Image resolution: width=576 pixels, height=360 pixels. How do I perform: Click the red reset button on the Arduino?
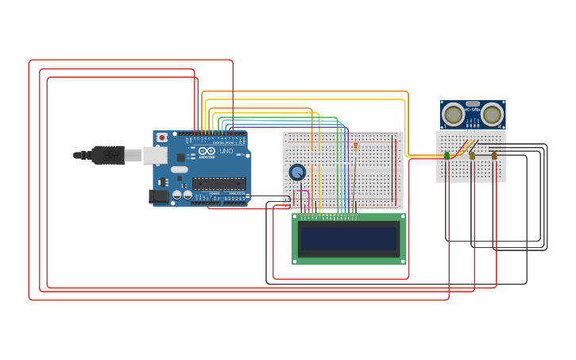click(x=162, y=137)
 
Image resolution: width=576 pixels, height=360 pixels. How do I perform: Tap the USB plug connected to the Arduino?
click(x=108, y=155)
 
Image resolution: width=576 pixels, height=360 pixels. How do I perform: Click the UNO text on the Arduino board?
click(x=226, y=151)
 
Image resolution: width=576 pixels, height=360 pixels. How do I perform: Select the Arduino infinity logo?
click(x=207, y=151)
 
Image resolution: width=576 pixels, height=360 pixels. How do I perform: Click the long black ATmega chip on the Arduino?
click(x=218, y=184)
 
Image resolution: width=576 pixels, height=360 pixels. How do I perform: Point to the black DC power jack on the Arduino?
click(x=159, y=195)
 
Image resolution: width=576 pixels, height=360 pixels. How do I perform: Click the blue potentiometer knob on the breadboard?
click(x=297, y=172)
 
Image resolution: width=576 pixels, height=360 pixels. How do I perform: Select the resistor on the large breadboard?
click(x=355, y=146)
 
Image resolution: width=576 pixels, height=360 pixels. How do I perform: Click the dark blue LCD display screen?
click(x=349, y=238)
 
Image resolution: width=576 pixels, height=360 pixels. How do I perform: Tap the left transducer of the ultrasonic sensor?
click(x=454, y=115)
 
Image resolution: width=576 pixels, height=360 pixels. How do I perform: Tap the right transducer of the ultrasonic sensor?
click(x=492, y=115)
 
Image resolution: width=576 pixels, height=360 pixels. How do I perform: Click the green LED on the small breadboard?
click(x=446, y=155)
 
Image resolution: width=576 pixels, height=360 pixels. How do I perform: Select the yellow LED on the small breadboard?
click(x=472, y=156)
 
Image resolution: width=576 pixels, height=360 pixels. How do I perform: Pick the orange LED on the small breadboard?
click(x=494, y=156)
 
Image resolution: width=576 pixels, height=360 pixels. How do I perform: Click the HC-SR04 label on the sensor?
click(x=473, y=110)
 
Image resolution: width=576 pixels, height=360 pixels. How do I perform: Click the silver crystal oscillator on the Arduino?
click(x=179, y=169)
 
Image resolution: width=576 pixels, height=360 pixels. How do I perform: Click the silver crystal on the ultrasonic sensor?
click(x=473, y=103)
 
